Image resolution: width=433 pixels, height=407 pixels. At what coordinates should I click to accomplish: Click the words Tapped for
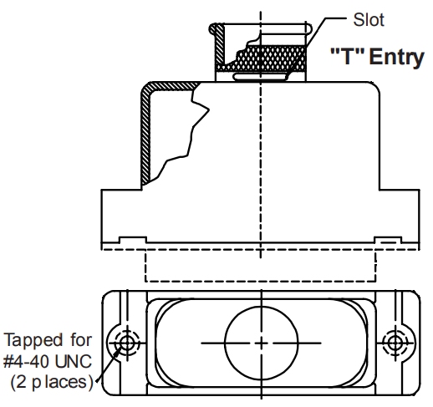tap(48, 340)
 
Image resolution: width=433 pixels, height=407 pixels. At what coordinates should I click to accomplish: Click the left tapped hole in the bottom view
tap(127, 343)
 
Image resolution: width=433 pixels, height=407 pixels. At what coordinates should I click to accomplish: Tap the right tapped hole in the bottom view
tap(394, 343)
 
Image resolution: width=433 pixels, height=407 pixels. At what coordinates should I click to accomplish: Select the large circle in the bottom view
tap(261, 343)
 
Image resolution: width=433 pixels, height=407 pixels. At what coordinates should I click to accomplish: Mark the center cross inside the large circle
tap(261, 343)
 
